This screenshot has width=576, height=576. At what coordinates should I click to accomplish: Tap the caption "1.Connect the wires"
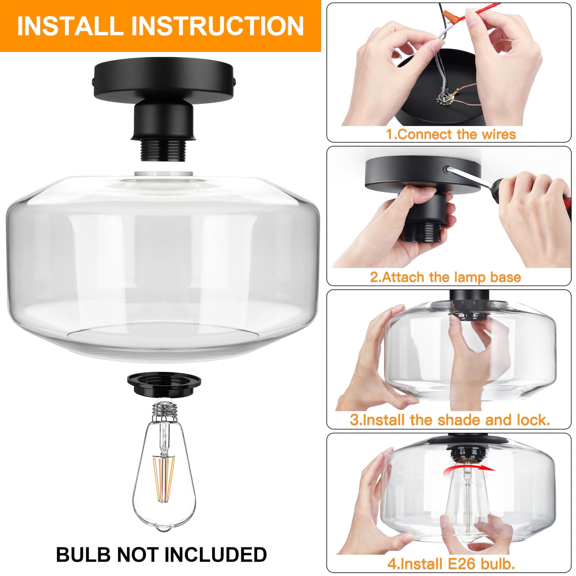click(x=451, y=134)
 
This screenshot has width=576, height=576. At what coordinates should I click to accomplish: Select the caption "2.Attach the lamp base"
click(x=445, y=277)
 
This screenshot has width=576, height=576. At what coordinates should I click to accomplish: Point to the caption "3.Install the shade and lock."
click(x=450, y=420)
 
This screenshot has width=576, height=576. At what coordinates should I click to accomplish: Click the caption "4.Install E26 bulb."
click(x=451, y=563)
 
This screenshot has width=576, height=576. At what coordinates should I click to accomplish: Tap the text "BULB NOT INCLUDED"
click(x=161, y=554)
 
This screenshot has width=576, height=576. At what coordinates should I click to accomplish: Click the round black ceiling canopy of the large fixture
click(x=164, y=82)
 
